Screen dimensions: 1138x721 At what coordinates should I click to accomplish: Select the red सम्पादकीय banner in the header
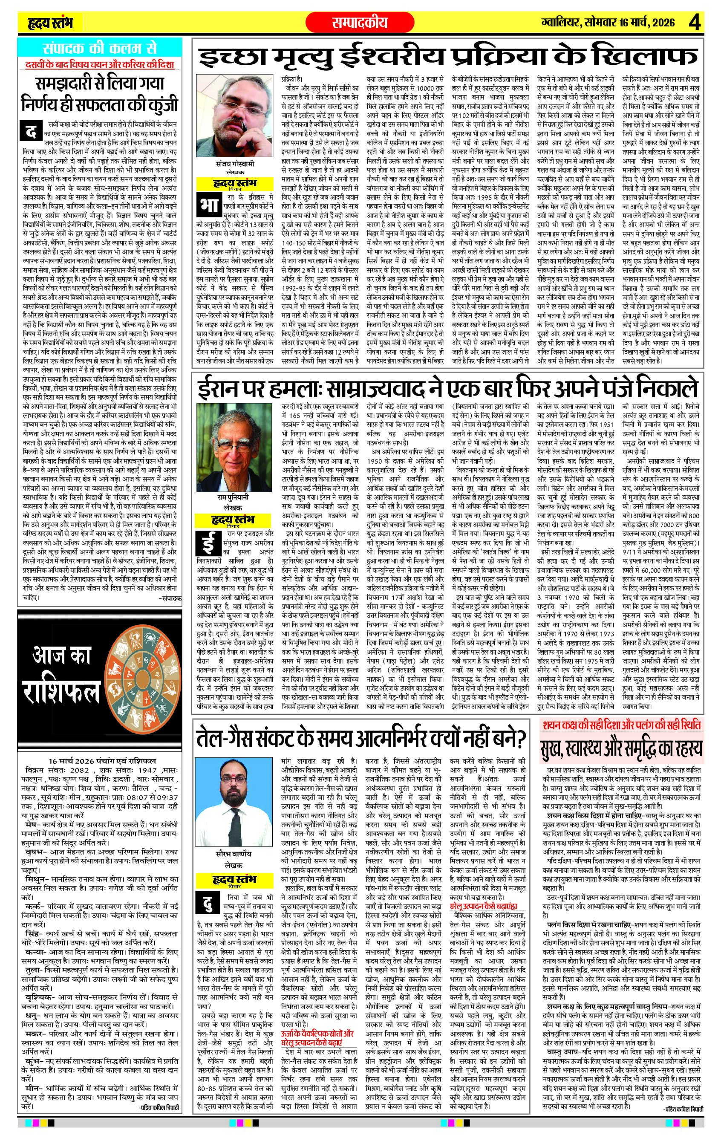point(360,22)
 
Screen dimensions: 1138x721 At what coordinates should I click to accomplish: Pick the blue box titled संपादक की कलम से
point(99,48)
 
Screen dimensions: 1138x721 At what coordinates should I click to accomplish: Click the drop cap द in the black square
point(32,131)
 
